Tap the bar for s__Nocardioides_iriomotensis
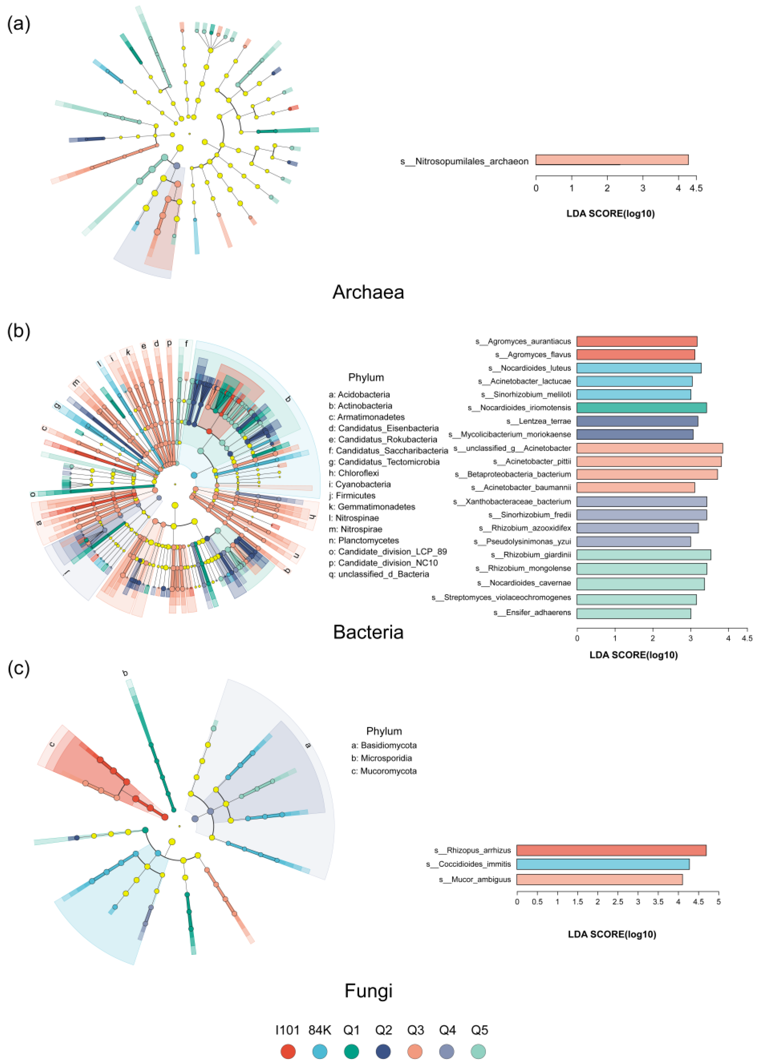coord(641,408)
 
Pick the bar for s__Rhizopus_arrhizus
coord(611,850)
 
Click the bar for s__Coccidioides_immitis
coord(603,864)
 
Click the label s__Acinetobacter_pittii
coord(532,461)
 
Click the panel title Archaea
coord(368,292)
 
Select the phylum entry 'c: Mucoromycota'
coord(384,771)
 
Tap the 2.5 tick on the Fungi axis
coord(618,902)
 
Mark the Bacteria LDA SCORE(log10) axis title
coord(633,655)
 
